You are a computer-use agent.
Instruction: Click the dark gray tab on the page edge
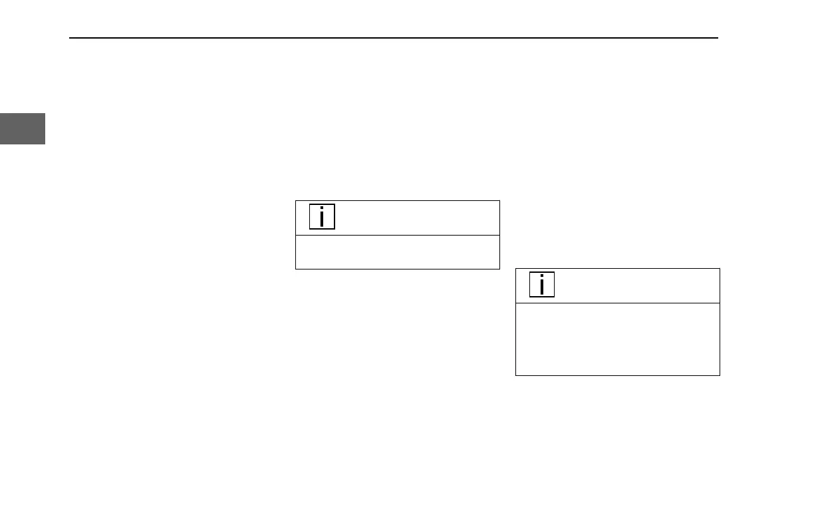23,128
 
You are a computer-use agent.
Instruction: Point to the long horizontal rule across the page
394,38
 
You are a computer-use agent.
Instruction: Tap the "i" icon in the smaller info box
323,217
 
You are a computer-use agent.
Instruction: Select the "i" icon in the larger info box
543,285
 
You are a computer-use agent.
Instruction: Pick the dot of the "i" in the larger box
543,277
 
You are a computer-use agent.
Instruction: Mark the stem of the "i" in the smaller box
323,220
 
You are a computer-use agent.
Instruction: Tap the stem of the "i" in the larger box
543,288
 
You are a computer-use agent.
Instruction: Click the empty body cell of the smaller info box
397,252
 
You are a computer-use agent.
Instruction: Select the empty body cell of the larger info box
618,339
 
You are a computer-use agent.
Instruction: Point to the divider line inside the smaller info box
397,235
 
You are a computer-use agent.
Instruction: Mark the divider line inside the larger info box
618,303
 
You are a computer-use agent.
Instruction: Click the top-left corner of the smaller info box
295,200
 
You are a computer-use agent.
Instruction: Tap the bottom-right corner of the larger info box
720,375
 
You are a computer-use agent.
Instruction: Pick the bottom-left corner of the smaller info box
295,269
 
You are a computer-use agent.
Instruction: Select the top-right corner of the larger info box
720,268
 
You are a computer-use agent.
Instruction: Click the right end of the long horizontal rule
718,38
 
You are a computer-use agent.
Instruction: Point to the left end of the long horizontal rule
70,38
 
